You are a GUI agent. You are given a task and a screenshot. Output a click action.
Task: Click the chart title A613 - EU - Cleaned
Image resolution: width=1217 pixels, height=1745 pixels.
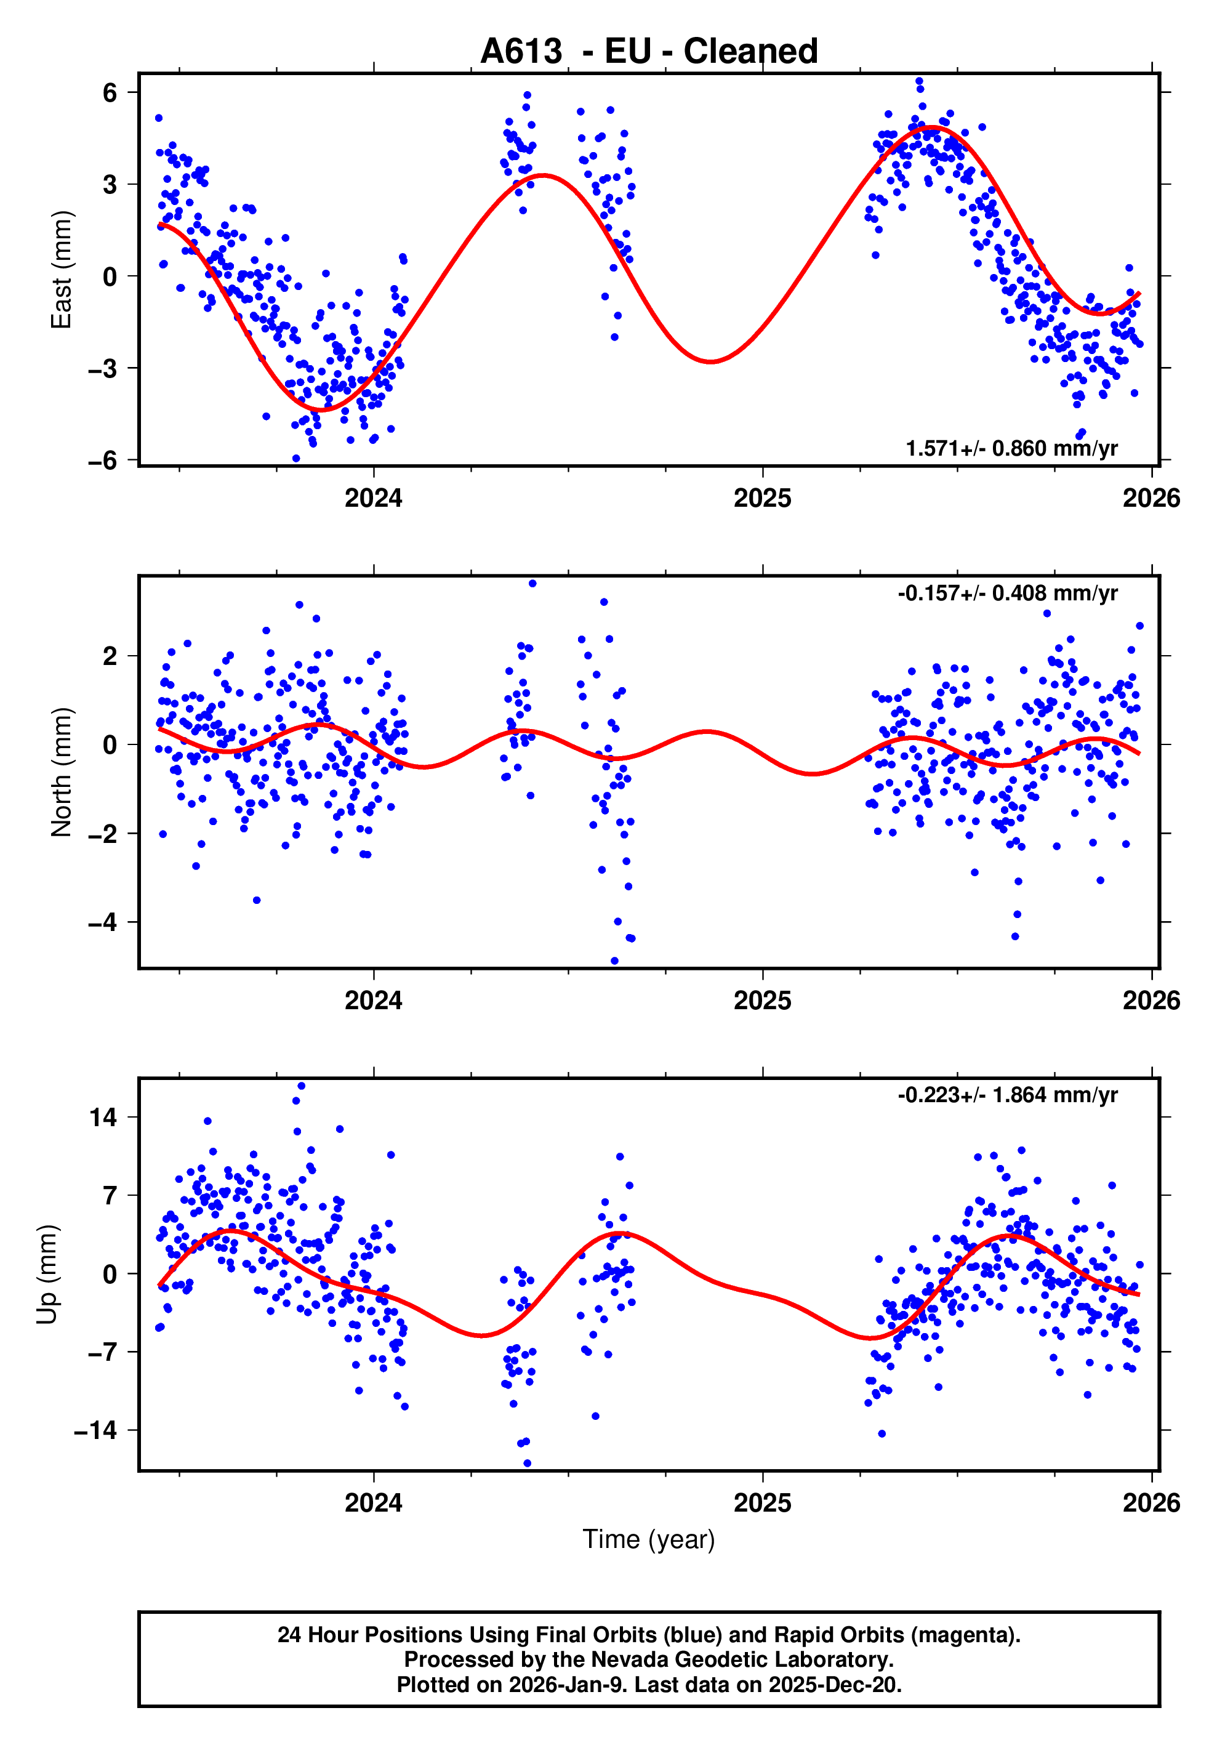click(x=649, y=52)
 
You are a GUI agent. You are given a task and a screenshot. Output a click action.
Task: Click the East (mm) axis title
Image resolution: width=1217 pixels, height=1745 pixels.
click(x=61, y=270)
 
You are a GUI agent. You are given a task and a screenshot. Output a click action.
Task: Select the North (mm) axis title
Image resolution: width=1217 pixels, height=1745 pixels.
click(x=61, y=772)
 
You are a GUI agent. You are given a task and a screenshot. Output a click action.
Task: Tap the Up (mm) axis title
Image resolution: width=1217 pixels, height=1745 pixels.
click(x=47, y=1275)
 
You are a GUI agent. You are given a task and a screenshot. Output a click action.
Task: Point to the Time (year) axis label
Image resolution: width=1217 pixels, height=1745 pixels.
click(x=649, y=1539)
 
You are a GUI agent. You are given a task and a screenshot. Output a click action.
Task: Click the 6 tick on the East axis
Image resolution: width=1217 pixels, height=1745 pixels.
click(x=110, y=93)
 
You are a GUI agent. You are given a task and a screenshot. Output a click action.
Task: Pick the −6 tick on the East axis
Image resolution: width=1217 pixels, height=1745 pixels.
click(x=103, y=461)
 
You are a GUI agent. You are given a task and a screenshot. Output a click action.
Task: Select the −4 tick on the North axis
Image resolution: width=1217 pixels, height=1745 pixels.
click(x=103, y=922)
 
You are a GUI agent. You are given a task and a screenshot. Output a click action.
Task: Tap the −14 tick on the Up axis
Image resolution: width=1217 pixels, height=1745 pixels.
click(x=95, y=1430)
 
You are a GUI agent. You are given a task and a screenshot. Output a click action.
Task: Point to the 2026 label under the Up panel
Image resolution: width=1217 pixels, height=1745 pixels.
click(x=1151, y=1503)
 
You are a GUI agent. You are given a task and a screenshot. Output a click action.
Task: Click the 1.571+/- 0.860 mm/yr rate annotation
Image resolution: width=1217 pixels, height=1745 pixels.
click(x=1011, y=448)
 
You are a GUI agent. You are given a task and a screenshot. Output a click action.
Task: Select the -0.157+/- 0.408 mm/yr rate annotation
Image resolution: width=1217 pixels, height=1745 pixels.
click(x=1007, y=593)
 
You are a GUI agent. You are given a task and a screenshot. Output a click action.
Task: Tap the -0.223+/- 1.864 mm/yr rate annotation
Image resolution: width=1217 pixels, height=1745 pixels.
click(x=1007, y=1095)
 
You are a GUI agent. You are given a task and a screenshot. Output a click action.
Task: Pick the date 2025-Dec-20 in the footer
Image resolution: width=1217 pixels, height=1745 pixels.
click(x=833, y=1685)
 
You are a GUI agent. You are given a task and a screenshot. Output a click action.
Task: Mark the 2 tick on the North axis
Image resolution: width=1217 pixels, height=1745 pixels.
click(x=110, y=656)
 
